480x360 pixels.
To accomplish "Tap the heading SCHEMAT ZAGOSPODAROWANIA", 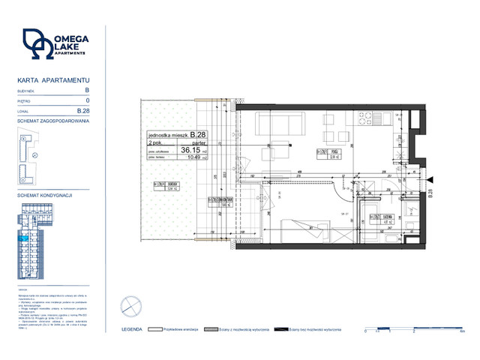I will point(53,121).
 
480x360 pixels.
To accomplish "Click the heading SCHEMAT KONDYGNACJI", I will point(44,195).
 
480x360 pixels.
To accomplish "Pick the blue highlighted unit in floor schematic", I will point(25,238).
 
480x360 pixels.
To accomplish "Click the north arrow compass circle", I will point(130,307).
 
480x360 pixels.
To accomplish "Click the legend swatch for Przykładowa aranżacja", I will point(156,329).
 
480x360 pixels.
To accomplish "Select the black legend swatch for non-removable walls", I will point(281,329).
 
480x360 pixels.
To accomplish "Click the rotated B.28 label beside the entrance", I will point(431,195).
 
